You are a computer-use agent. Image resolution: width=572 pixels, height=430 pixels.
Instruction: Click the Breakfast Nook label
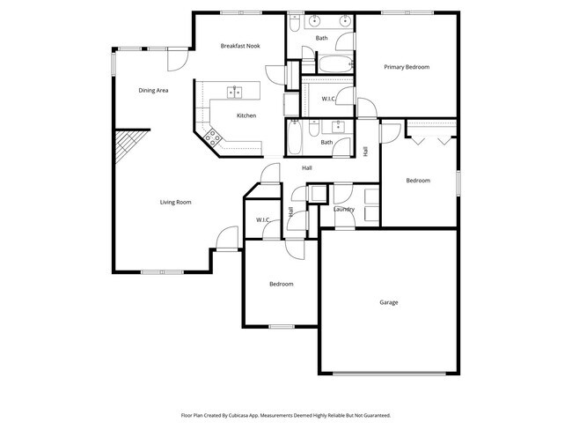(239, 45)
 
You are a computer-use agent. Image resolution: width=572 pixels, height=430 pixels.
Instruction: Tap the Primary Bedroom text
(407, 67)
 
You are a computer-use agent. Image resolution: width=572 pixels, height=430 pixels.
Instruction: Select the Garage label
(388, 302)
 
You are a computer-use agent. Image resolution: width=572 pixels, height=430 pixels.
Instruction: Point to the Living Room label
(175, 202)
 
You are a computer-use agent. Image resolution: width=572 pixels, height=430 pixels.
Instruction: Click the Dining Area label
(153, 90)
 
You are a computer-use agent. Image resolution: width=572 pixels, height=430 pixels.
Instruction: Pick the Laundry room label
(344, 209)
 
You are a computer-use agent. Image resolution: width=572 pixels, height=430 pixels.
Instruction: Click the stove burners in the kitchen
(211, 137)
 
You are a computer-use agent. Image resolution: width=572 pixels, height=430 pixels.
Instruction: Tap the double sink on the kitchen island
(235, 91)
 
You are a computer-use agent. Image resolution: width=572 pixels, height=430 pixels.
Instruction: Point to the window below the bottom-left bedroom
(281, 327)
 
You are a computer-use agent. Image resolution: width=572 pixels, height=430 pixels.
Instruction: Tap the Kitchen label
(246, 115)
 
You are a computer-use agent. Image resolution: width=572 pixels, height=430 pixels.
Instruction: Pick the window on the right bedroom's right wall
(458, 180)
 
